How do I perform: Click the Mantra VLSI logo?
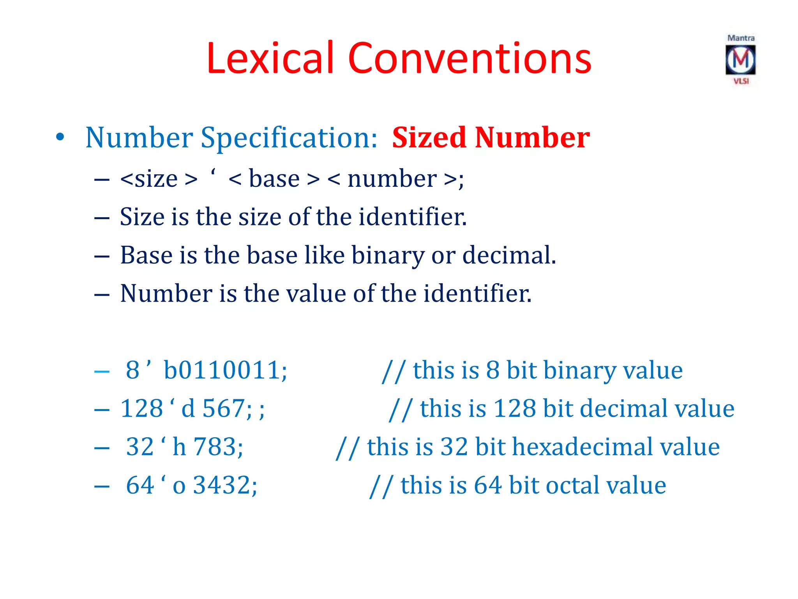pyautogui.click(x=740, y=60)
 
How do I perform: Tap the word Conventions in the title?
pyautogui.click(x=470, y=58)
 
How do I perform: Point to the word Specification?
pyautogui.click(x=289, y=138)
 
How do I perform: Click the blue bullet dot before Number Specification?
pyautogui.click(x=60, y=137)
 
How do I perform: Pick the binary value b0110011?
pyautogui.click(x=225, y=370)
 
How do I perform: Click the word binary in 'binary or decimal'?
pyautogui.click(x=388, y=255)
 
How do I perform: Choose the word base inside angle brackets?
pyautogui.click(x=274, y=179)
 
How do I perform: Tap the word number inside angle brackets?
pyautogui.click(x=392, y=179)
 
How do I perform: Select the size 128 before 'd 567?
pyautogui.click(x=142, y=408)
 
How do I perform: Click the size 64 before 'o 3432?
pyautogui.click(x=140, y=485)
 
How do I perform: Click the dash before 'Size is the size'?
pyautogui.click(x=102, y=218)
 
